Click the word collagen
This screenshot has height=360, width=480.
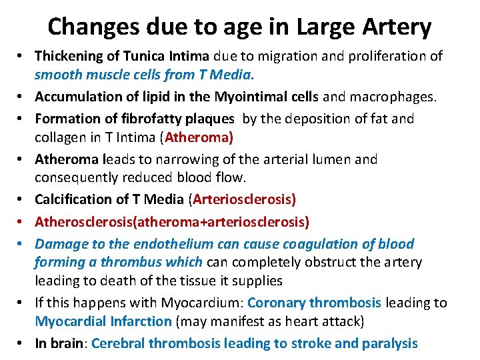59,137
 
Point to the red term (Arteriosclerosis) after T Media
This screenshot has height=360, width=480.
243,199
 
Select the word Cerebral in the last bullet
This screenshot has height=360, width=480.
119,344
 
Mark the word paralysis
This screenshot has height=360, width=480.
389,344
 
